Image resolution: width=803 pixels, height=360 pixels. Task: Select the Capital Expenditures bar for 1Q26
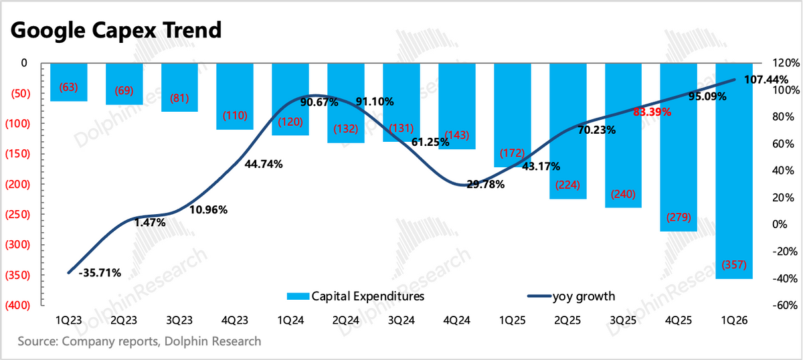(x=734, y=201)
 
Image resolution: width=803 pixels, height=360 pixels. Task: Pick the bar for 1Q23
(x=69, y=74)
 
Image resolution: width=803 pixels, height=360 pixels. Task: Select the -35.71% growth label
(x=99, y=272)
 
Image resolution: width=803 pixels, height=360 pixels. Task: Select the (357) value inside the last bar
(x=734, y=265)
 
